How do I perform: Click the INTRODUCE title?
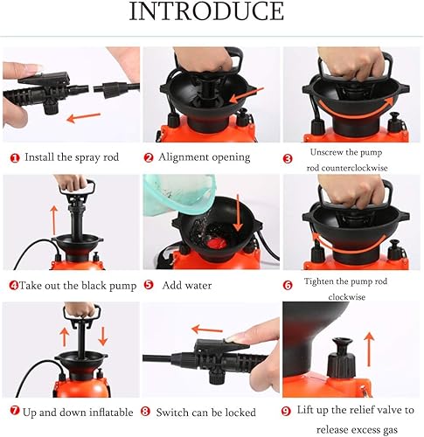pyautogui.click(x=206, y=12)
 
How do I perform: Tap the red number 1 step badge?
pyautogui.click(x=15, y=157)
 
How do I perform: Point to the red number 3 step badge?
pyautogui.click(x=288, y=157)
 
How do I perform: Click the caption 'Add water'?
pyautogui.click(x=184, y=284)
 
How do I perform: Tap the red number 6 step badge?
pyautogui.click(x=288, y=284)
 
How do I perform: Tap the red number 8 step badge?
pyautogui.click(x=148, y=411)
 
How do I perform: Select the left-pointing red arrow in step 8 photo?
pyautogui.click(x=207, y=330)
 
